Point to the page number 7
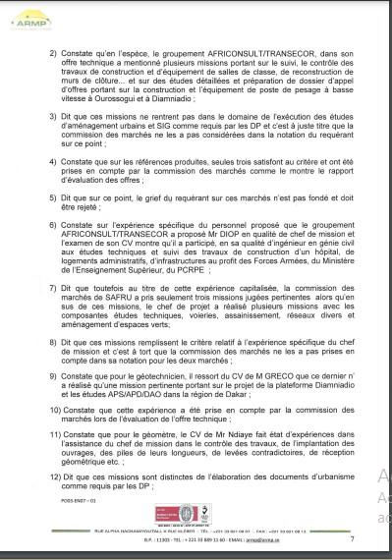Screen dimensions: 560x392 point(351,539)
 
